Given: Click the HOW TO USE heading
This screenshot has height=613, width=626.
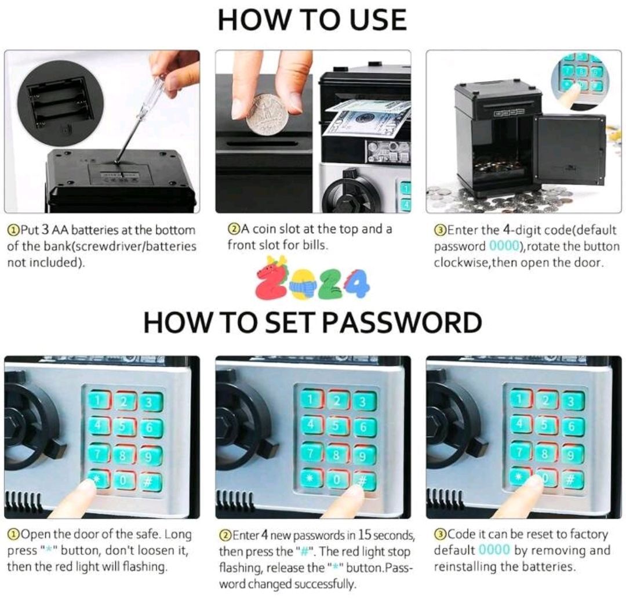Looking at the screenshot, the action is click(312, 20).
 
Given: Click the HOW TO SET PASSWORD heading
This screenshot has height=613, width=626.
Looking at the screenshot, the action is click(312, 322).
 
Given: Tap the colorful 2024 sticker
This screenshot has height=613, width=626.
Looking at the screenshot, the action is click(312, 281).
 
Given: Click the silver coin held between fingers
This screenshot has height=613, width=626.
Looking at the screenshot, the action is click(267, 114).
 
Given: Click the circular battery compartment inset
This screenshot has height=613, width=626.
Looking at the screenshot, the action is click(61, 107).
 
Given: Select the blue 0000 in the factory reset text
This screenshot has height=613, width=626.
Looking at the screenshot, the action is click(494, 550).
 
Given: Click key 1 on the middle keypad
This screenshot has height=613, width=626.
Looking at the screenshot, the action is click(312, 400).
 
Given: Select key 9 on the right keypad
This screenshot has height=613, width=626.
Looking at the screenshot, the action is click(572, 454).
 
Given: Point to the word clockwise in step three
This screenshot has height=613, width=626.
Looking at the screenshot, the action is click(457, 263).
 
